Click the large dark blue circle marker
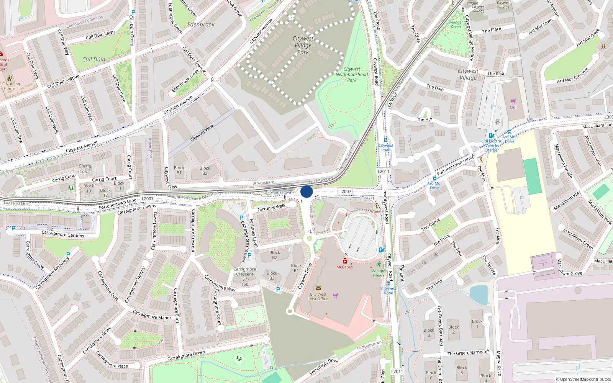[306, 192]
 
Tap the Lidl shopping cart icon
[513, 101]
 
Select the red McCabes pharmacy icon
[344, 261]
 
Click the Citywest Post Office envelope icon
[318, 288]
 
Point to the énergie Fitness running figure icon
[379, 264]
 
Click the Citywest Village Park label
[303, 45]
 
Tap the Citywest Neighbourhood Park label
[352, 75]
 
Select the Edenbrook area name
[201, 25]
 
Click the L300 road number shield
[608, 117]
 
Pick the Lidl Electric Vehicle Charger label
[492, 146]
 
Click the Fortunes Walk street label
[271, 208]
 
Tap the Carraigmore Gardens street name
[63, 234]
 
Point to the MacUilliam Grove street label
[571, 273]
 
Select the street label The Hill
[424, 119]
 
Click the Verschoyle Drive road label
[323, 367]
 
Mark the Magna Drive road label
[499, 363]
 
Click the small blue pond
[479, 295]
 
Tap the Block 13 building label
[89, 188]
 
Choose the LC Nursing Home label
[10, 86]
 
